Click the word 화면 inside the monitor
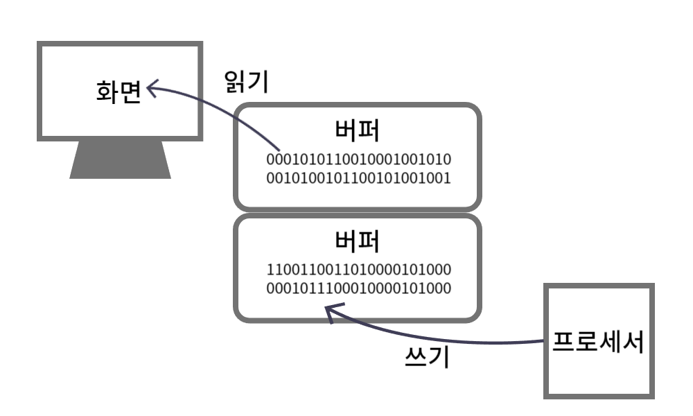coord(118,92)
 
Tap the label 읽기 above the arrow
coord(247,82)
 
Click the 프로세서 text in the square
coord(597,341)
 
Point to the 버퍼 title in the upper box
coord(357,131)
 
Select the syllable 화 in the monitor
coord(106,92)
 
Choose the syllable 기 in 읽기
coord(258,82)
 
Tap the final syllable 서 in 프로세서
coord(633,341)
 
